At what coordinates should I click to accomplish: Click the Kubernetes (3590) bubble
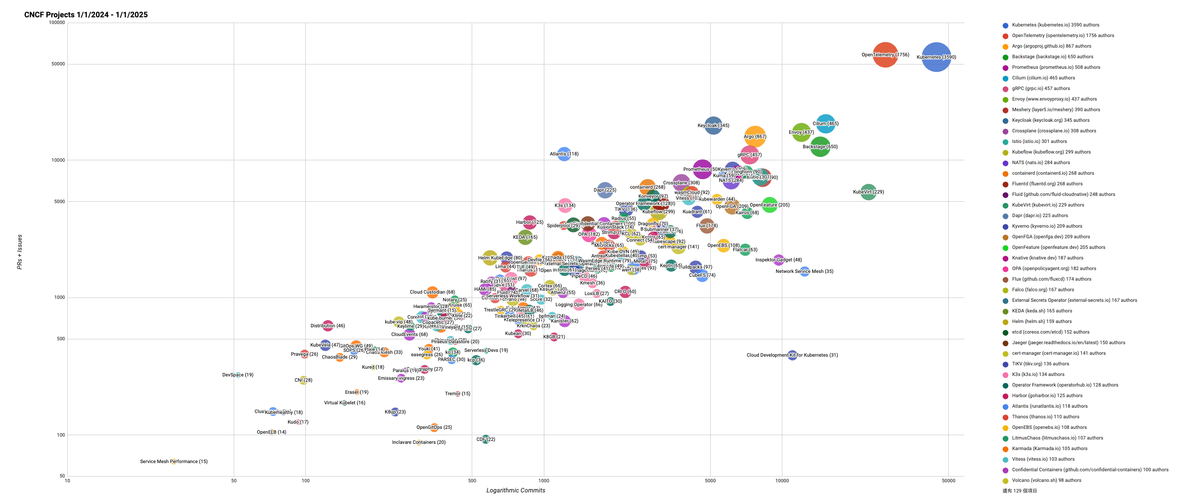[x=936, y=57]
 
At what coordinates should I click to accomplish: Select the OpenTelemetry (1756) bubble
[x=885, y=55]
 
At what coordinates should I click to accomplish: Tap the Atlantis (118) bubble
[x=564, y=154]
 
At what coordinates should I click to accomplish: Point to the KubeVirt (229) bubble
[x=868, y=192]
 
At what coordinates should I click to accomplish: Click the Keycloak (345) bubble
[x=714, y=126]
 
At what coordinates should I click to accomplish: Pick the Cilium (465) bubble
[x=826, y=124]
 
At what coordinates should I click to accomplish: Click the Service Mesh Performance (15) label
[x=174, y=462]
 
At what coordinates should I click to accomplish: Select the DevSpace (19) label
[x=238, y=375]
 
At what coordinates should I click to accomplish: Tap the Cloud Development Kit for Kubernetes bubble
[x=792, y=355]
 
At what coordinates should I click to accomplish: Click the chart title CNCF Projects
[x=86, y=15]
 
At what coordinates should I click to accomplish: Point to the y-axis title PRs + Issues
[x=20, y=252]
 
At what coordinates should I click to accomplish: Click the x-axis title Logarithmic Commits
[x=515, y=491]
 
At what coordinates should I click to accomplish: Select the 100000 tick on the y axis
[x=57, y=23]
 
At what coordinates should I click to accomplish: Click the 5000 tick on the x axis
[x=710, y=480]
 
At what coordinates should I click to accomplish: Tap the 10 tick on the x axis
[x=67, y=480]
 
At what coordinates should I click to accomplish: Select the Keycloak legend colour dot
[x=1005, y=121]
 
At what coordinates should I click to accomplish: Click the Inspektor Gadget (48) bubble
[x=779, y=260]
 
